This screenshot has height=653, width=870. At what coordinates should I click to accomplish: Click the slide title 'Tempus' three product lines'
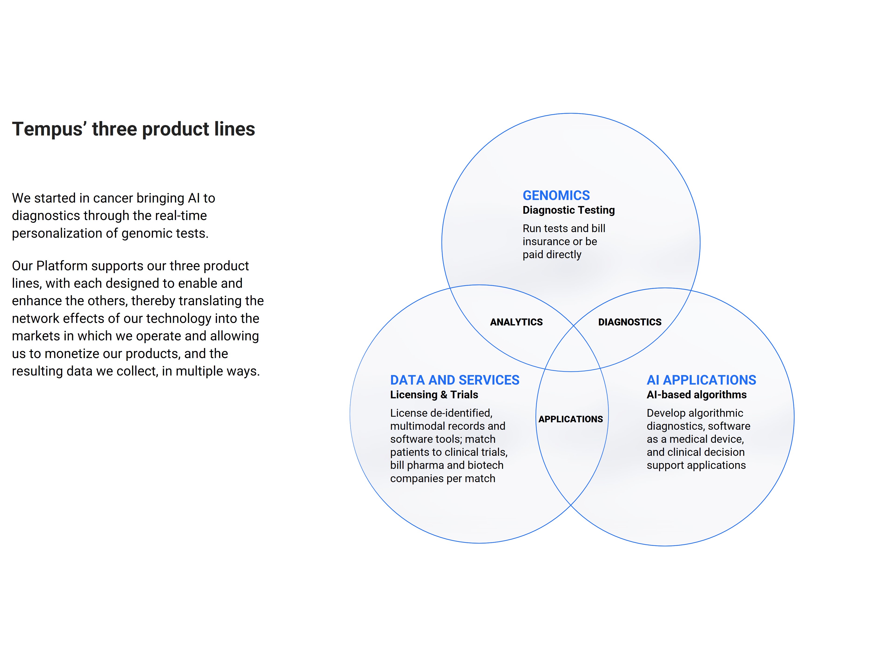tap(133, 129)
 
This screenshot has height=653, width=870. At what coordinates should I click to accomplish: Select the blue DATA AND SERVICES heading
tap(455, 380)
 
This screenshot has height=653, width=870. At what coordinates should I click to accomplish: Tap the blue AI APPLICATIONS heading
tap(701, 380)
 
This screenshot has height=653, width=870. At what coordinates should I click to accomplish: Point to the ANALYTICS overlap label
tap(516, 322)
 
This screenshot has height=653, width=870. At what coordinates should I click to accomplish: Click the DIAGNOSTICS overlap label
tap(630, 322)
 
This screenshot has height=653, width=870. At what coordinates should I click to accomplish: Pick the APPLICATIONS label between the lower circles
tap(570, 419)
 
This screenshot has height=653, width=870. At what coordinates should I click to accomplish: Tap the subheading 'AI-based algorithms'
tap(697, 395)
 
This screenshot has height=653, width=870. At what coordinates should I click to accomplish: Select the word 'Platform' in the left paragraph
tap(62, 266)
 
